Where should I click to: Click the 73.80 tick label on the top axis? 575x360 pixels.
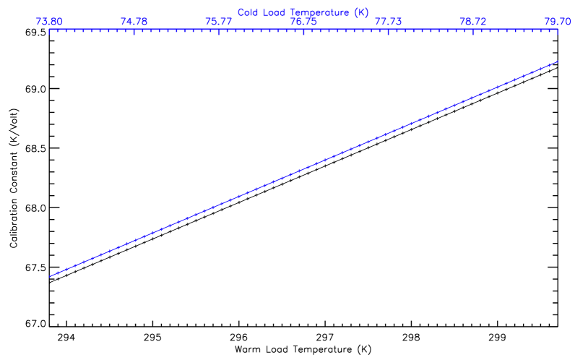click(48, 22)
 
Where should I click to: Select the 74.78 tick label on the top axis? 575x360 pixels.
click(134, 22)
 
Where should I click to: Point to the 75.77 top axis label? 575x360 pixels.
click(219, 22)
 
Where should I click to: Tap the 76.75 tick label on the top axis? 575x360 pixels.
click(303, 22)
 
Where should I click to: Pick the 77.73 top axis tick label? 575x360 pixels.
click(389, 22)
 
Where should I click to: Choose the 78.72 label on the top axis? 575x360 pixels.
click(473, 22)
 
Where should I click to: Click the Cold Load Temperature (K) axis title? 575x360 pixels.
click(303, 12)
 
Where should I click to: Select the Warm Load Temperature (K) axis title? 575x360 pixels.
click(303, 349)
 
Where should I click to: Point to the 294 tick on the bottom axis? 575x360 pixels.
click(66, 337)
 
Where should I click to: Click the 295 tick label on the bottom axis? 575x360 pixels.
click(152, 337)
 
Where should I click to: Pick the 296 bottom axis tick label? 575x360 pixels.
click(238, 337)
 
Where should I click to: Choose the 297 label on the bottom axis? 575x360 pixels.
click(324, 337)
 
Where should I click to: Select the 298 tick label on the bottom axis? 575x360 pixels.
click(410, 337)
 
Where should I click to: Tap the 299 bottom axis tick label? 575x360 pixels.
click(496, 337)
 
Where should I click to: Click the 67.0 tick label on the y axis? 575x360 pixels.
click(35, 323)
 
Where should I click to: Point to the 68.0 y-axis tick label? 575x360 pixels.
click(35, 207)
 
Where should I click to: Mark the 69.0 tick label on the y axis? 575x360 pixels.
click(35, 89)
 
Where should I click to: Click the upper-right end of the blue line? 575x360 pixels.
click(558, 61)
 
